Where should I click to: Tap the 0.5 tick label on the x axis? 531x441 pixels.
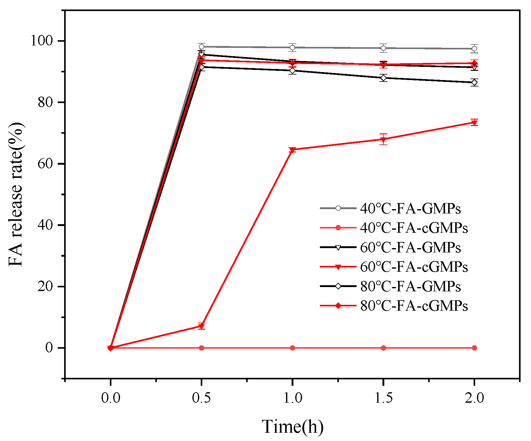[x=201, y=398]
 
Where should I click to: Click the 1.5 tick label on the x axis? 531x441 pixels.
[x=383, y=398]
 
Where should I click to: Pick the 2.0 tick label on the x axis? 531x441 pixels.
[x=474, y=398]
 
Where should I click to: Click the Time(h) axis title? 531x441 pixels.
[x=293, y=427]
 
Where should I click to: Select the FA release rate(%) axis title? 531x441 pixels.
[x=16, y=194]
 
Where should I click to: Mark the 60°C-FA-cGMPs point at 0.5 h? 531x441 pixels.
[x=201, y=326]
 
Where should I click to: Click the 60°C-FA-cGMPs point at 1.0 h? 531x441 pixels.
[x=293, y=150]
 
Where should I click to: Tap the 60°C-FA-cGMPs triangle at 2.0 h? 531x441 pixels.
[x=474, y=123]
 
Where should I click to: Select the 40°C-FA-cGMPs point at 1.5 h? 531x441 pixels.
[x=383, y=348]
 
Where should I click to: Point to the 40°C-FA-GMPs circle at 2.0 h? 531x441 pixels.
[x=474, y=49]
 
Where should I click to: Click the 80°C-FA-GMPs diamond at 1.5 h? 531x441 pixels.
[x=383, y=78]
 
